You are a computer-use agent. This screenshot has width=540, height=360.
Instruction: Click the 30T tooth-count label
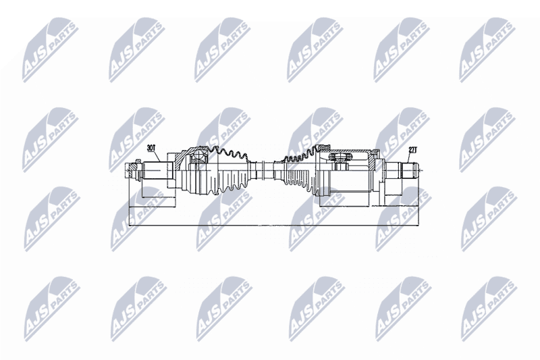[x=151, y=148]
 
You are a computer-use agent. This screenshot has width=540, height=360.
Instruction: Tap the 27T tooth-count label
[x=412, y=150]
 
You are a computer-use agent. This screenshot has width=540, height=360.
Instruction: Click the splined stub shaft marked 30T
[x=155, y=170]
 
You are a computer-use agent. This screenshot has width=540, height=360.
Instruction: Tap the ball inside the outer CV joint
[x=198, y=155]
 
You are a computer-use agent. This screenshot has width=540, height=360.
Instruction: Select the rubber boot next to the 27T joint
[x=298, y=170]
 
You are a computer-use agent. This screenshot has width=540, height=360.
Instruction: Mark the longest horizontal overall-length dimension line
[x=274, y=226]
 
